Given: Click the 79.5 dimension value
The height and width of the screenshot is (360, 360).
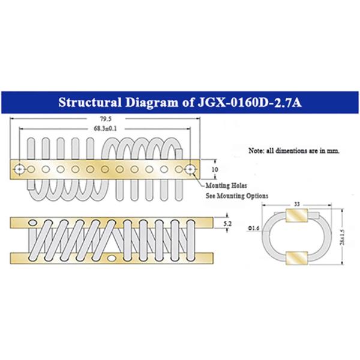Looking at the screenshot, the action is [x=106, y=119].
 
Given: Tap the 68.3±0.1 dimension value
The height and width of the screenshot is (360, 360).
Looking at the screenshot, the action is [x=105, y=128].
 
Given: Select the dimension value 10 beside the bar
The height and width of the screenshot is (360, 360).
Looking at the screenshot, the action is [x=215, y=169].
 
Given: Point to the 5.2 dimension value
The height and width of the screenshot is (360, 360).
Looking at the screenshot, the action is [x=227, y=223].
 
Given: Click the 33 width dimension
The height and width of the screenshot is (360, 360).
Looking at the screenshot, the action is [x=297, y=204].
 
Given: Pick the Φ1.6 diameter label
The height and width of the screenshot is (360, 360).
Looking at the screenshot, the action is [x=253, y=228].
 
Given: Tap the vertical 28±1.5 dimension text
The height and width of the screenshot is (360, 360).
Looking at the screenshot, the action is [x=343, y=237].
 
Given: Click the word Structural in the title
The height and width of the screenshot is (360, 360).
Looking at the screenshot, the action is [x=90, y=103].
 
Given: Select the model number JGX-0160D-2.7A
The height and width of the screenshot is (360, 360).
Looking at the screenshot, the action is [x=250, y=103].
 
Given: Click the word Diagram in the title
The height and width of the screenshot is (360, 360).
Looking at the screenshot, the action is [x=152, y=103].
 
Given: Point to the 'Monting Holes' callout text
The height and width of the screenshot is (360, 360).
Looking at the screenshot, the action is [x=226, y=185].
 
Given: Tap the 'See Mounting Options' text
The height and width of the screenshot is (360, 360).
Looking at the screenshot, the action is [x=237, y=196].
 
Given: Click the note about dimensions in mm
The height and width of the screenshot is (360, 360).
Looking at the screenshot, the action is [x=294, y=151].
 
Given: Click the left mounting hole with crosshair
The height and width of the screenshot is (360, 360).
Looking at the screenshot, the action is [x=19, y=169].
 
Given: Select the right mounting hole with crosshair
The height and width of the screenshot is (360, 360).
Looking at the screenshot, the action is [x=190, y=169].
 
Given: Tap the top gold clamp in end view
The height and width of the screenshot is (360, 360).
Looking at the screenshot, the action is [x=296, y=215].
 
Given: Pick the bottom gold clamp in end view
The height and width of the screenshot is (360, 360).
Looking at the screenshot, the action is [x=296, y=258].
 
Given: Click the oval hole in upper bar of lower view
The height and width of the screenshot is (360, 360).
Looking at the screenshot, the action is [x=32, y=222].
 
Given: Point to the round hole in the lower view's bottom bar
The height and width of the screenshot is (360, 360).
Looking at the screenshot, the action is [x=112, y=258].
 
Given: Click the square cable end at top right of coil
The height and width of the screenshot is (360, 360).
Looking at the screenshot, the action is [x=179, y=154].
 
